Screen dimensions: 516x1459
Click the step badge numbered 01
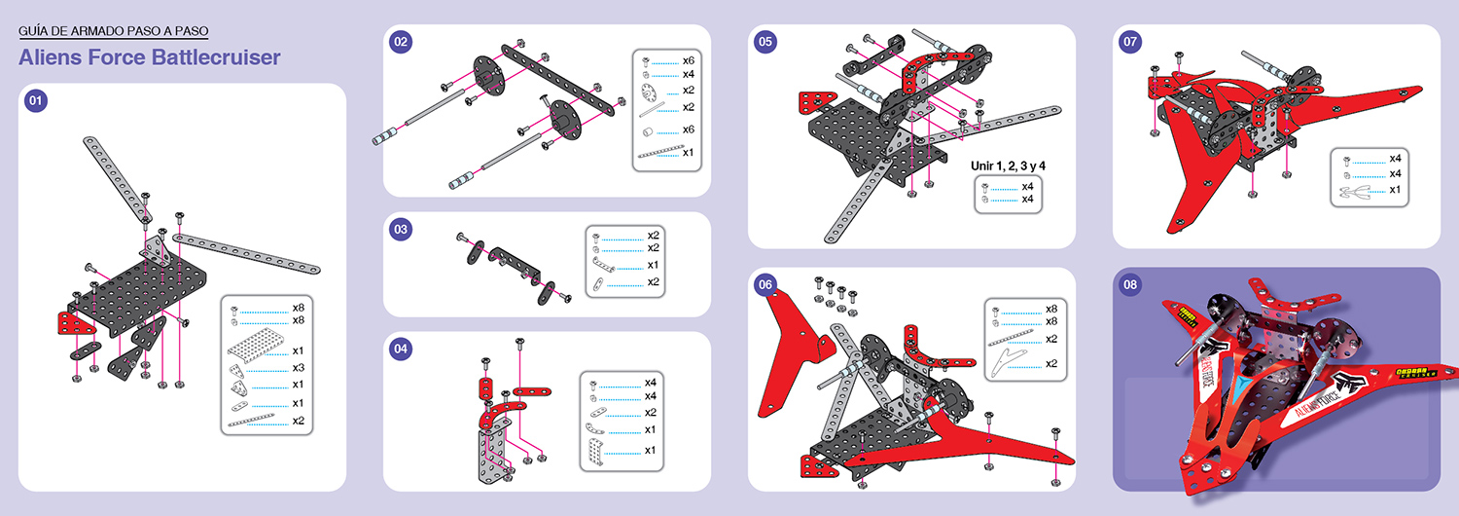coord(36,100)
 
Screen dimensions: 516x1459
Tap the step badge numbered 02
coord(401,41)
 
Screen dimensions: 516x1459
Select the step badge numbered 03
coord(401,230)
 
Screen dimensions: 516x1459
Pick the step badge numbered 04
coord(401,348)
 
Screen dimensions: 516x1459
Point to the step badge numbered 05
coord(765,41)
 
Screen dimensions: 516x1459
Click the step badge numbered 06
coord(765,284)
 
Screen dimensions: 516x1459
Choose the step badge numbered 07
coord(1130,41)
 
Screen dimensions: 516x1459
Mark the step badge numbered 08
coord(1130,284)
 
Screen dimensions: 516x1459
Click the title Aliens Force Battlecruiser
coord(149,57)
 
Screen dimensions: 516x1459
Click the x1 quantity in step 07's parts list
coord(1395,189)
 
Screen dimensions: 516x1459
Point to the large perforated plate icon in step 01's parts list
coord(253,350)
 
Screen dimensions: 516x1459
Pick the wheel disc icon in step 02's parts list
coord(647,91)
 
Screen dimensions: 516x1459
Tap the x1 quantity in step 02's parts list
coord(689,152)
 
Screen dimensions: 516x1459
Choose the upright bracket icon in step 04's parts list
coord(594,451)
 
